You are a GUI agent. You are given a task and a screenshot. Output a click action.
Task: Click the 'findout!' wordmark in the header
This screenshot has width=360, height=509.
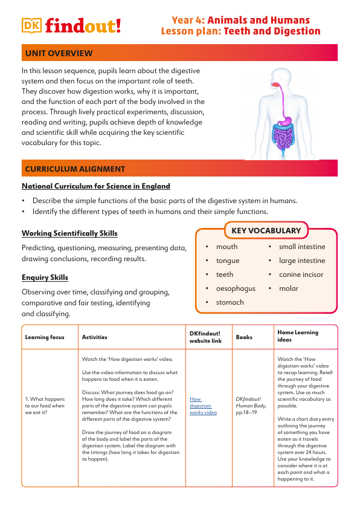pyautogui.click(x=83, y=25)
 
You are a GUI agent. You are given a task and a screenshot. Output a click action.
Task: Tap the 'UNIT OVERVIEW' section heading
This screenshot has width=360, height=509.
pyautogui.click(x=59, y=54)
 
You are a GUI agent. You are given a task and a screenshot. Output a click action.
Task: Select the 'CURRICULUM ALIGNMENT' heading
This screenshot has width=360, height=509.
pyautogui.click(x=75, y=169)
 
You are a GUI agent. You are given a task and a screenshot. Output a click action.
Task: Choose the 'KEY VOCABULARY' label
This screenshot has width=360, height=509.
pyautogui.click(x=266, y=230)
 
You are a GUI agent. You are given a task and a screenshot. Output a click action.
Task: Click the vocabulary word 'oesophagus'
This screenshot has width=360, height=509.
pyautogui.click(x=236, y=288)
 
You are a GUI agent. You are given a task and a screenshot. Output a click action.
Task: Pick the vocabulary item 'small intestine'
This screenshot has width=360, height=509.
pyautogui.click(x=301, y=247)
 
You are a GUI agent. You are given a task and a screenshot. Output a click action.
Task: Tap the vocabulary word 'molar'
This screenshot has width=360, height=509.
pyautogui.click(x=289, y=288)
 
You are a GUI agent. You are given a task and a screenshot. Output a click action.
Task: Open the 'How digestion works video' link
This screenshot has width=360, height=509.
pyautogui.click(x=202, y=406)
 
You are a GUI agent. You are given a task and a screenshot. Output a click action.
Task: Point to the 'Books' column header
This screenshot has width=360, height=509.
pyautogui.click(x=244, y=337)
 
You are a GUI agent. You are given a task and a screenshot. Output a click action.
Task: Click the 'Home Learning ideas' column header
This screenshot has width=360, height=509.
pyautogui.click(x=298, y=336)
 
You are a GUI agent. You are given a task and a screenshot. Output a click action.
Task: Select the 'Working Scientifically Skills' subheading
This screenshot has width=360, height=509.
pyautogui.click(x=69, y=233)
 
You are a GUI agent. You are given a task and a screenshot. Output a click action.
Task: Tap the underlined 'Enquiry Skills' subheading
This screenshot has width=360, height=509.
pyautogui.click(x=45, y=277)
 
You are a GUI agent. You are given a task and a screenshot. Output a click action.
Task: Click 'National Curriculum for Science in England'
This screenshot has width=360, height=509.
pyautogui.click(x=96, y=186)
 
